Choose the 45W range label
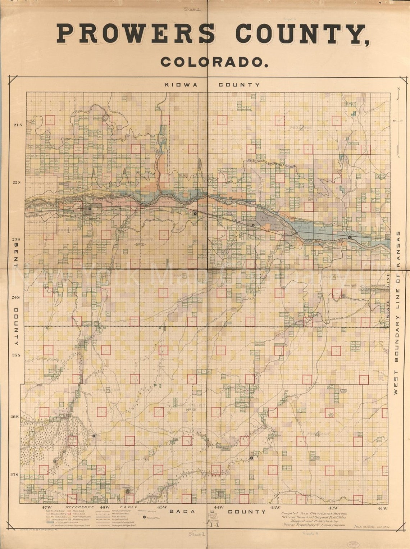click(x=162, y=508)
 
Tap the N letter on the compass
click(x=398, y=89)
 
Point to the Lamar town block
click(x=88, y=211)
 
